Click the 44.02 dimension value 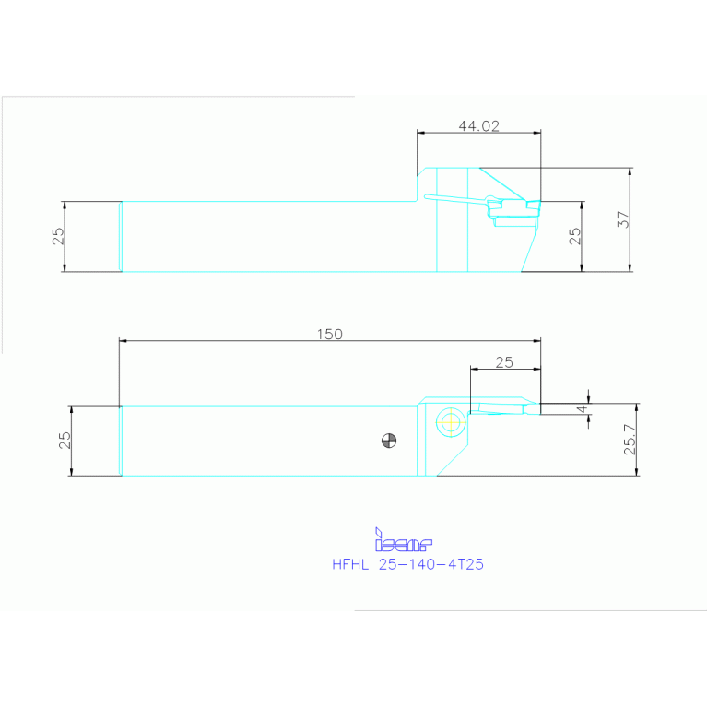pos(478,125)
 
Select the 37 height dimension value pos(623,219)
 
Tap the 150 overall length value pos(330,334)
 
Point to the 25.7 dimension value pos(630,439)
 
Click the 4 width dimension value pos(583,409)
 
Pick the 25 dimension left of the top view pos(58,236)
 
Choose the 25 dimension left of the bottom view pos(65,440)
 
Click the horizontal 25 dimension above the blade pos(504,362)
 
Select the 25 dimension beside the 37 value pos(574,236)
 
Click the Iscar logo pos(404,540)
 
